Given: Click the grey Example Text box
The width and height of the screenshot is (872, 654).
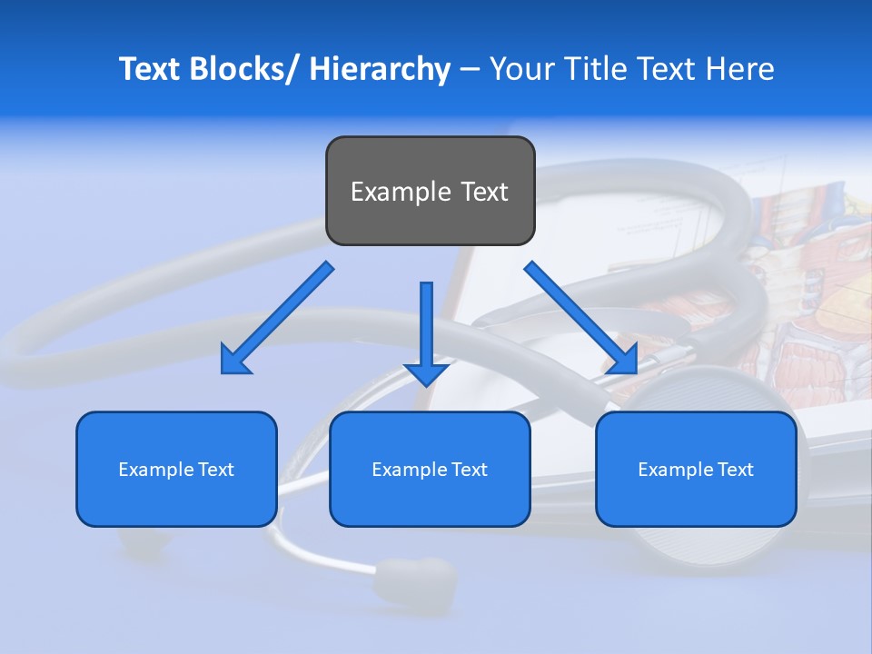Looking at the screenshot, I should point(430,191).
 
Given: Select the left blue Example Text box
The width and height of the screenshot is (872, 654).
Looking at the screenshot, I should point(176,469).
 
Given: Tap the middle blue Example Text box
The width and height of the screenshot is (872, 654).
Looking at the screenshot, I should point(430,469).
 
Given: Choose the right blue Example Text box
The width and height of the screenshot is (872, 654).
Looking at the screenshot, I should point(696,469).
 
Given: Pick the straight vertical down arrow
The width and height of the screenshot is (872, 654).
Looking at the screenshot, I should point(426,327).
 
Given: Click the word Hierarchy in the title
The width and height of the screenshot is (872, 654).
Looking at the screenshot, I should point(380,69).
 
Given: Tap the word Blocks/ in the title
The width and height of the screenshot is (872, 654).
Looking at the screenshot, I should point(242,69).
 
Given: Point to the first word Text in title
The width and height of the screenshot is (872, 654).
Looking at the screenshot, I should point(149,69).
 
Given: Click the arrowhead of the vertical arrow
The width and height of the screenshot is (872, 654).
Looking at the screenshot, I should point(426,373).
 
